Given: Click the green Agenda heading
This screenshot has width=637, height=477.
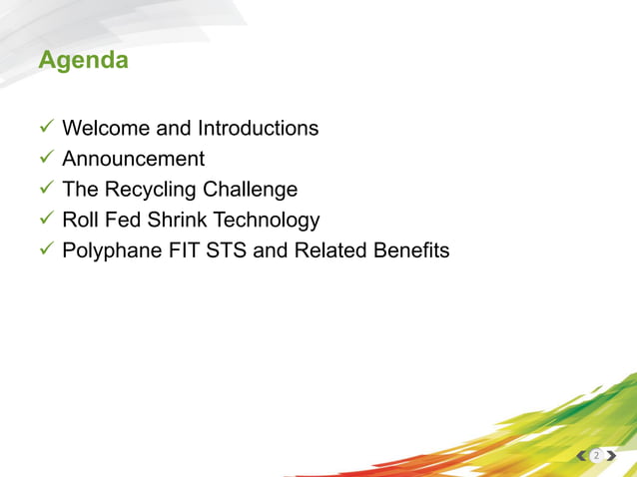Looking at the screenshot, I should coord(83,61).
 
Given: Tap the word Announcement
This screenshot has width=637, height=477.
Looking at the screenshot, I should coord(133,159).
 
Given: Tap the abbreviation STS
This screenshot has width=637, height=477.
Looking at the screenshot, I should coord(227,250).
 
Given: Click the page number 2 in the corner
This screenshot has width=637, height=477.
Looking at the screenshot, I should coord(596,456).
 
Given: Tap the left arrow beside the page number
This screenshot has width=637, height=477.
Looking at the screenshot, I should coord(582,456).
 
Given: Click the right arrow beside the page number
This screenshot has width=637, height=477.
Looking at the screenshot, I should coord(610,456).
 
